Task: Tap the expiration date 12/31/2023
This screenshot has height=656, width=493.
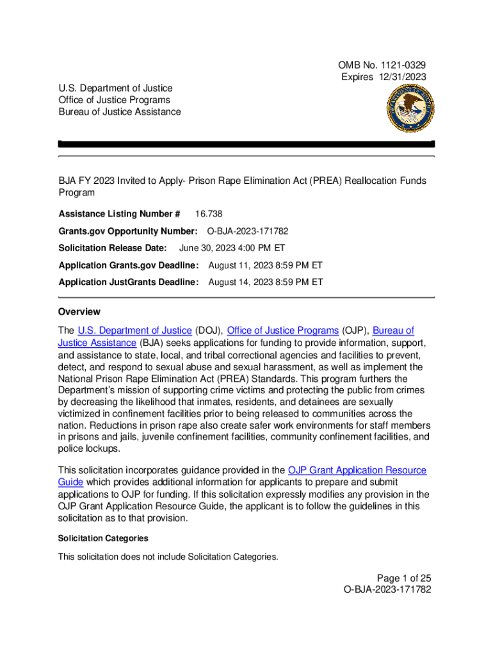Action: click(x=401, y=77)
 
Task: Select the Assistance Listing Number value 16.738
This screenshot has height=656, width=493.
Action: click(x=209, y=214)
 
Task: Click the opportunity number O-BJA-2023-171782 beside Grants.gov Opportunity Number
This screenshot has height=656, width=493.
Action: click(x=252, y=231)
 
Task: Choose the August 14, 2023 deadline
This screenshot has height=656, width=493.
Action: click(x=266, y=283)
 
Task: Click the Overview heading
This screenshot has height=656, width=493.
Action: click(x=79, y=312)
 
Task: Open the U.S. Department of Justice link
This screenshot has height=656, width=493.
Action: click(x=134, y=331)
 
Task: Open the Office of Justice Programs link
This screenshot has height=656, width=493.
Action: click(x=282, y=331)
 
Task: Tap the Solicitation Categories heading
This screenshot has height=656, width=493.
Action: click(x=103, y=539)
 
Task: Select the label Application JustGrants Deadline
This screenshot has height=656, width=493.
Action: click(x=129, y=283)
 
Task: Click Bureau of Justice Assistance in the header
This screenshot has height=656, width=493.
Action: click(x=119, y=112)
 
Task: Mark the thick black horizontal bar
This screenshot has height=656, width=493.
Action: click(x=247, y=144)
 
